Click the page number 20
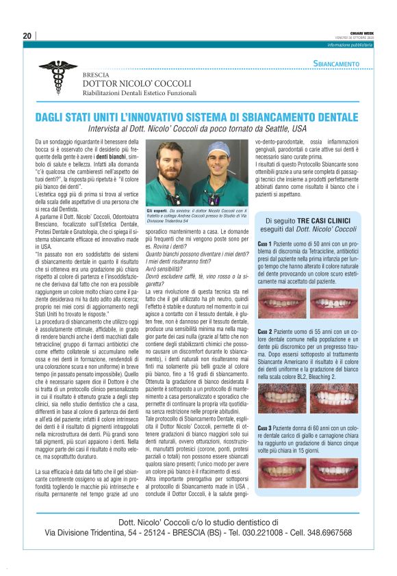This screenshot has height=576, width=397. tap(27, 36)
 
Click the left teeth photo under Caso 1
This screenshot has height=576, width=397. tap(282, 303)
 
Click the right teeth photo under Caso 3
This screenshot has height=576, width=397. tap(334, 473)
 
